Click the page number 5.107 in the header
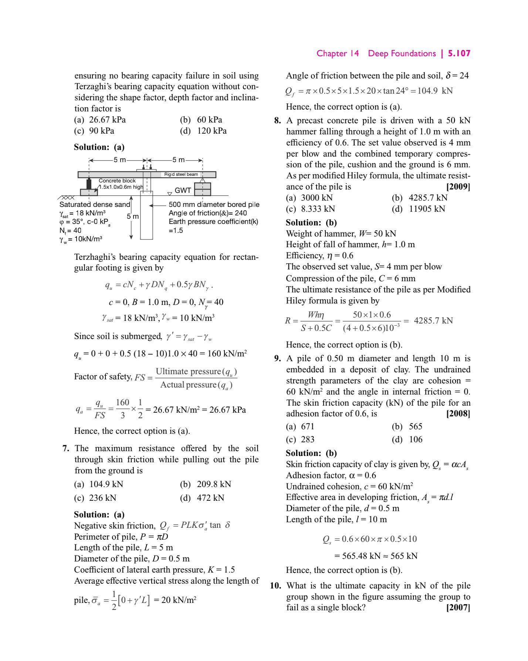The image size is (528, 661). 459,53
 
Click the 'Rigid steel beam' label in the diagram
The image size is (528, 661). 181,174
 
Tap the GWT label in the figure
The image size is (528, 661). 183,190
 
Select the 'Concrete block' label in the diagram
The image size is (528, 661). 117,181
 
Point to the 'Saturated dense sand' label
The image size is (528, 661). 95,204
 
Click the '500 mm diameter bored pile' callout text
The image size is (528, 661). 214,204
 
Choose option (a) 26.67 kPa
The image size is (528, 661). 100,120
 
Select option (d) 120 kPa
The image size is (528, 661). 203,131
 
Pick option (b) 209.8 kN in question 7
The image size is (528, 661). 206,484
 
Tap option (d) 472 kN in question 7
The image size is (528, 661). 202,498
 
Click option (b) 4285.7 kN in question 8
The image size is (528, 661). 420,198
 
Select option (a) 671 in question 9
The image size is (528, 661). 300,426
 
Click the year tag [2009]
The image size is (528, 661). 458,187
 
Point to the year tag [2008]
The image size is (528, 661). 458,413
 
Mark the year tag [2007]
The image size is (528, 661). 458,607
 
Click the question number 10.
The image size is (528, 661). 275,585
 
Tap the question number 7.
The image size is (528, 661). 66,448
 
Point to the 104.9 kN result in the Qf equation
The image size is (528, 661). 435,91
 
